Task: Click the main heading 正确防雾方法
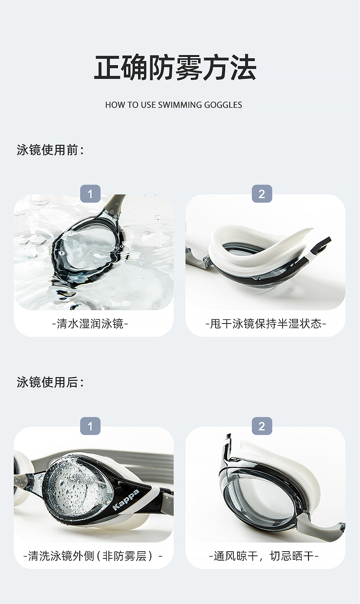point(175,67)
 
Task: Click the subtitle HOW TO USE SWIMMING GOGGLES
point(174,105)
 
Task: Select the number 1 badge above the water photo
point(90,194)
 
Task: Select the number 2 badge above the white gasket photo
point(262,194)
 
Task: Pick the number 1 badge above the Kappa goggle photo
point(90,426)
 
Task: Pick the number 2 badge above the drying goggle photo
point(262,426)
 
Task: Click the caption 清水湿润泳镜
point(90,323)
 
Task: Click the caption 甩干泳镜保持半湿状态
point(266,323)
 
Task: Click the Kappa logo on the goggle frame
point(126,500)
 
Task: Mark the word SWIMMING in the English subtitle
point(180,105)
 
